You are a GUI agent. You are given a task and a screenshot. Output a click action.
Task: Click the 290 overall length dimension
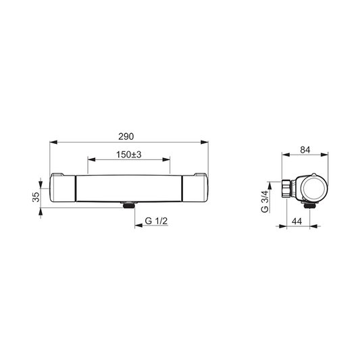pos(126,136)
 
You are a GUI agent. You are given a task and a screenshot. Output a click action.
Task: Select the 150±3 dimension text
pos(128,155)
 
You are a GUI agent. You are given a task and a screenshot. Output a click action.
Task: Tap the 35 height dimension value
pos(36,197)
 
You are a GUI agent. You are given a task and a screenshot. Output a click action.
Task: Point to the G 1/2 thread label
pos(156,221)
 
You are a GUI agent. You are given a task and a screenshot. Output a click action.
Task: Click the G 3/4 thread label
pos(265,201)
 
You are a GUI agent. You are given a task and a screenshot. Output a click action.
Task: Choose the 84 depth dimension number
pos(305,150)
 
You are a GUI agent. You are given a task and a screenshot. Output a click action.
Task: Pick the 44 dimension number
pos(297,222)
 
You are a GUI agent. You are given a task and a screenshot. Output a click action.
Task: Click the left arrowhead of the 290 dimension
pos(53,143)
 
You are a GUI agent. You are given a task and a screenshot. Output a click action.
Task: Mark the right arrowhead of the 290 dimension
pos(205,143)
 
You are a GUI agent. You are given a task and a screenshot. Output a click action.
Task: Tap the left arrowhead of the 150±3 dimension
pos(92,159)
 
